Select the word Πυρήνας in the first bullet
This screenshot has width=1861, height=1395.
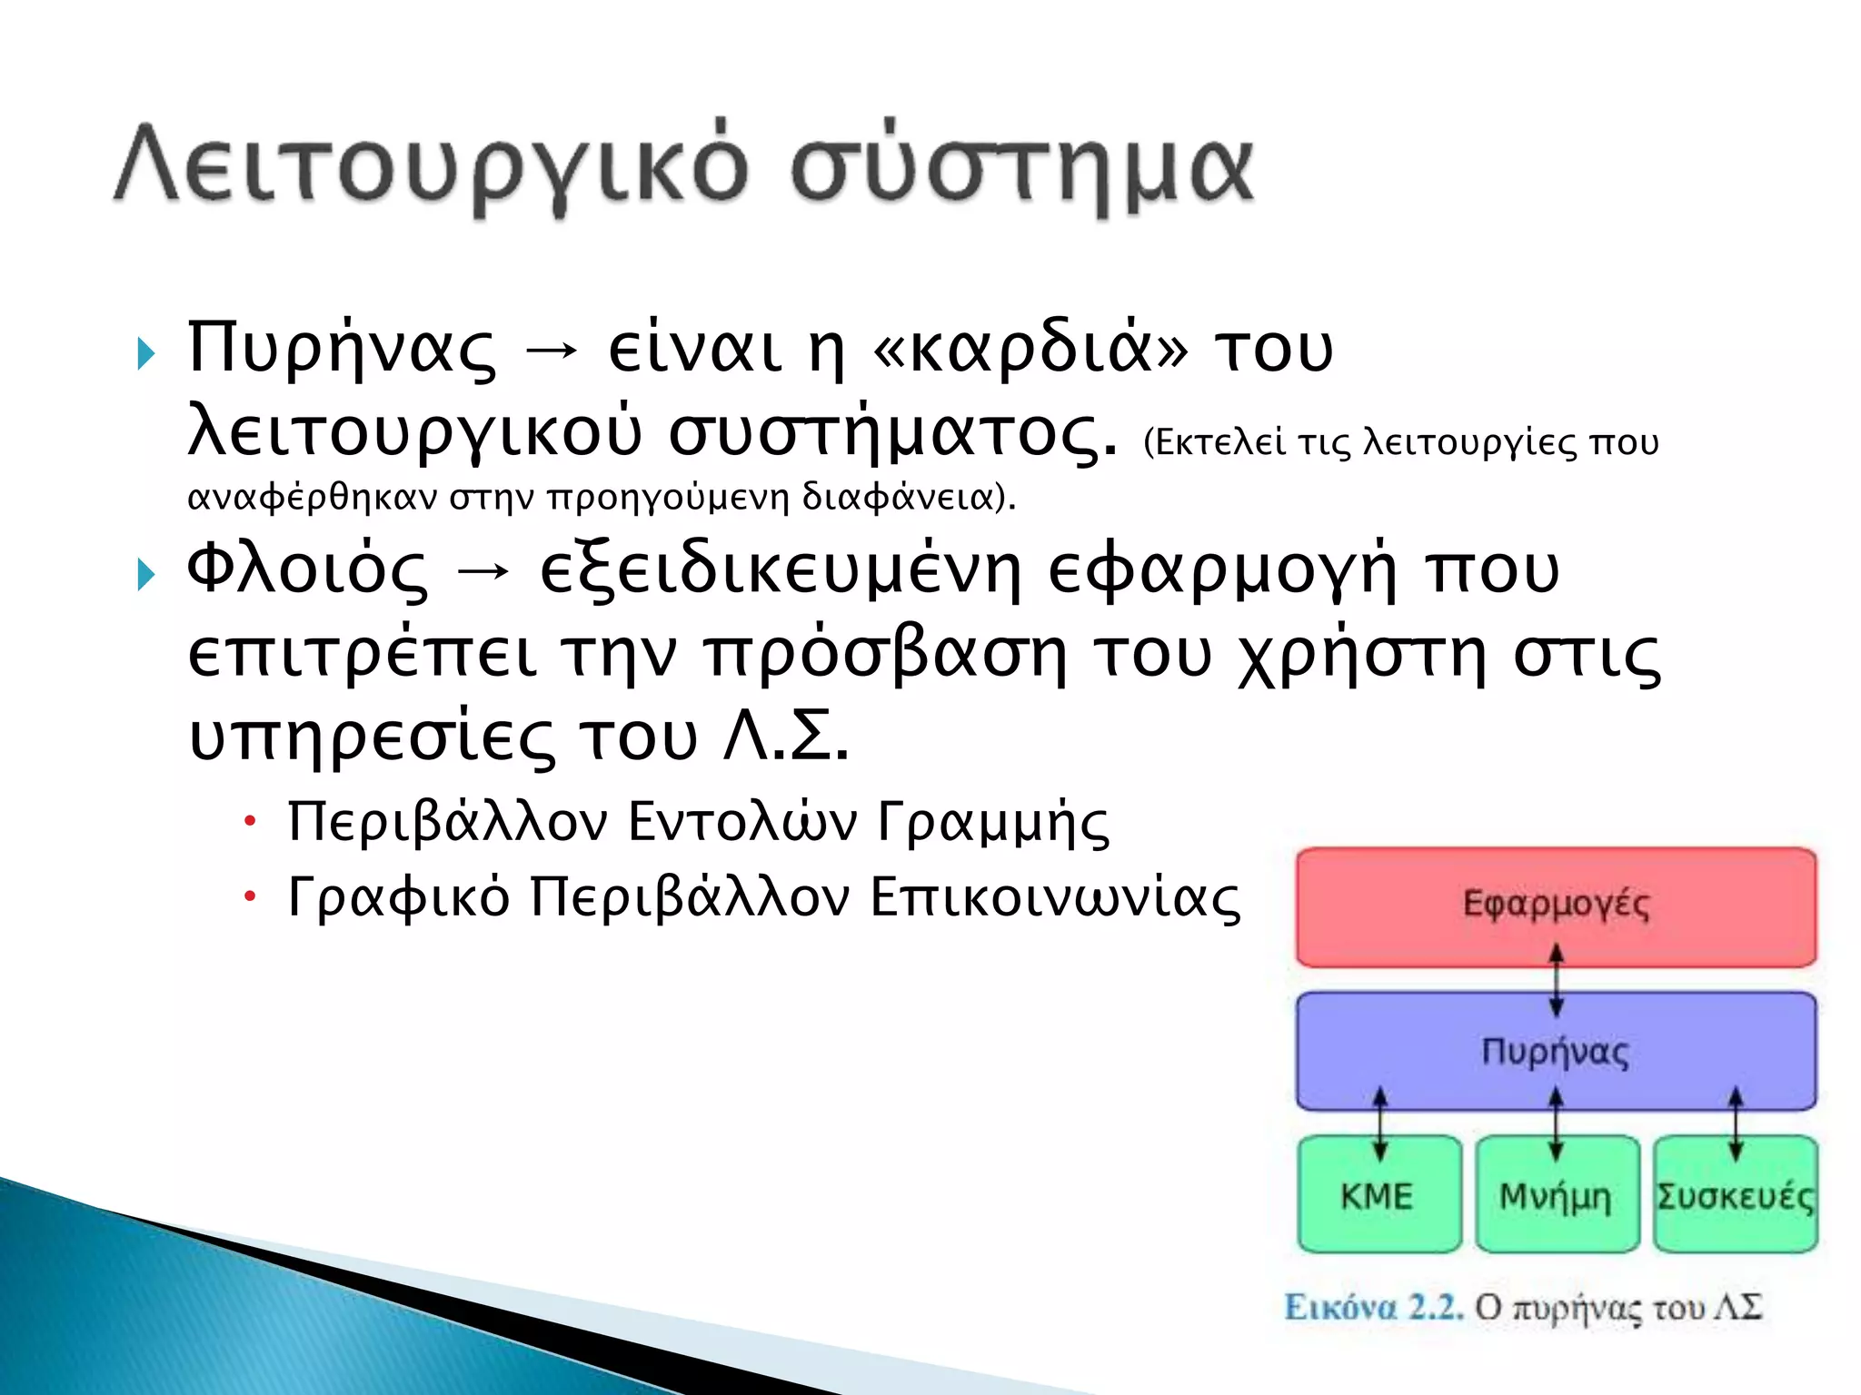(341, 350)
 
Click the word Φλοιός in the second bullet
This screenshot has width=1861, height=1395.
(306, 570)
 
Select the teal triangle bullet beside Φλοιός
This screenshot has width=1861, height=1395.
(145, 574)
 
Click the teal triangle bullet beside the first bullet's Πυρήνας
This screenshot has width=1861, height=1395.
(145, 353)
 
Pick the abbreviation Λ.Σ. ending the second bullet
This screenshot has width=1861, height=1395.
(785, 737)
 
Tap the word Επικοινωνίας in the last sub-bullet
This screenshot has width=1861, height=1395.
(1055, 898)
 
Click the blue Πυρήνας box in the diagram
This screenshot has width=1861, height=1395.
(1556, 1051)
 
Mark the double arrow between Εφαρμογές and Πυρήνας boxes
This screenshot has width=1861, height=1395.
(1556, 980)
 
